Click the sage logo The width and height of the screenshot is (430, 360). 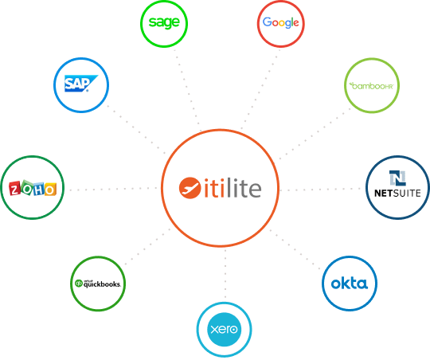coord(164,22)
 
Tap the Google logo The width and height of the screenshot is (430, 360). coord(281,22)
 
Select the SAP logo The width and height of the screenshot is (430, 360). coord(81,83)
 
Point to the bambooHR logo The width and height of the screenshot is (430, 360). coord(372,86)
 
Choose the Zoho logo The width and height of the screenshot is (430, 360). coord(33,188)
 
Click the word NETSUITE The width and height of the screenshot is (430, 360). coord(397,194)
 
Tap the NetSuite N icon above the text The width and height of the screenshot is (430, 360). coord(397,178)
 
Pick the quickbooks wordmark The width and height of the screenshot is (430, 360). coord(102,284)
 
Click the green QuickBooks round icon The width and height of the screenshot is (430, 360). coord(79,283)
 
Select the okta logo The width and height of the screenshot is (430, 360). coord(349,284)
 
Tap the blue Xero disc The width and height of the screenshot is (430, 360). coord(225,329)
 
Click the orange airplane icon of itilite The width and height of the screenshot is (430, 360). coord(190,188)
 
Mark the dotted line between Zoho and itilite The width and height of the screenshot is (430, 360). coord(113,189)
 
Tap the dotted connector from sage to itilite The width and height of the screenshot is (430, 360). coord(188,89)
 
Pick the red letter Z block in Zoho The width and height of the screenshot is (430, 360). coord(14,189)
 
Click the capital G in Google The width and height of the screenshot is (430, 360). coord(267,22)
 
